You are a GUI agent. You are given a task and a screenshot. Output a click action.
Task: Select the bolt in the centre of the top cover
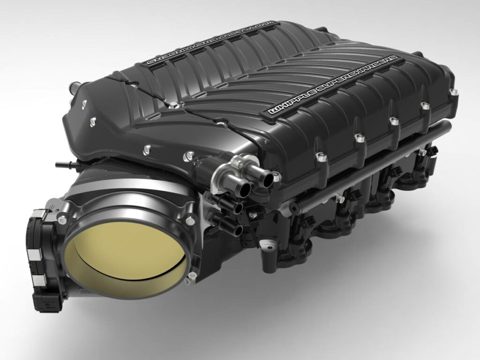click(x=174, y=105)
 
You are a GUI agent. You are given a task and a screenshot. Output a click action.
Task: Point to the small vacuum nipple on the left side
click(x=60, y=165)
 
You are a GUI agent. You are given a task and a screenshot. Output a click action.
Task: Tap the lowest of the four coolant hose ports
click(x=236, y=230)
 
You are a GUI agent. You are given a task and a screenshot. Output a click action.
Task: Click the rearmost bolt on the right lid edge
click(x=453, y=92)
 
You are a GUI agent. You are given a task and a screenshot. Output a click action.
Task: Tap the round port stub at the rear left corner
click(x=74, y=88)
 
